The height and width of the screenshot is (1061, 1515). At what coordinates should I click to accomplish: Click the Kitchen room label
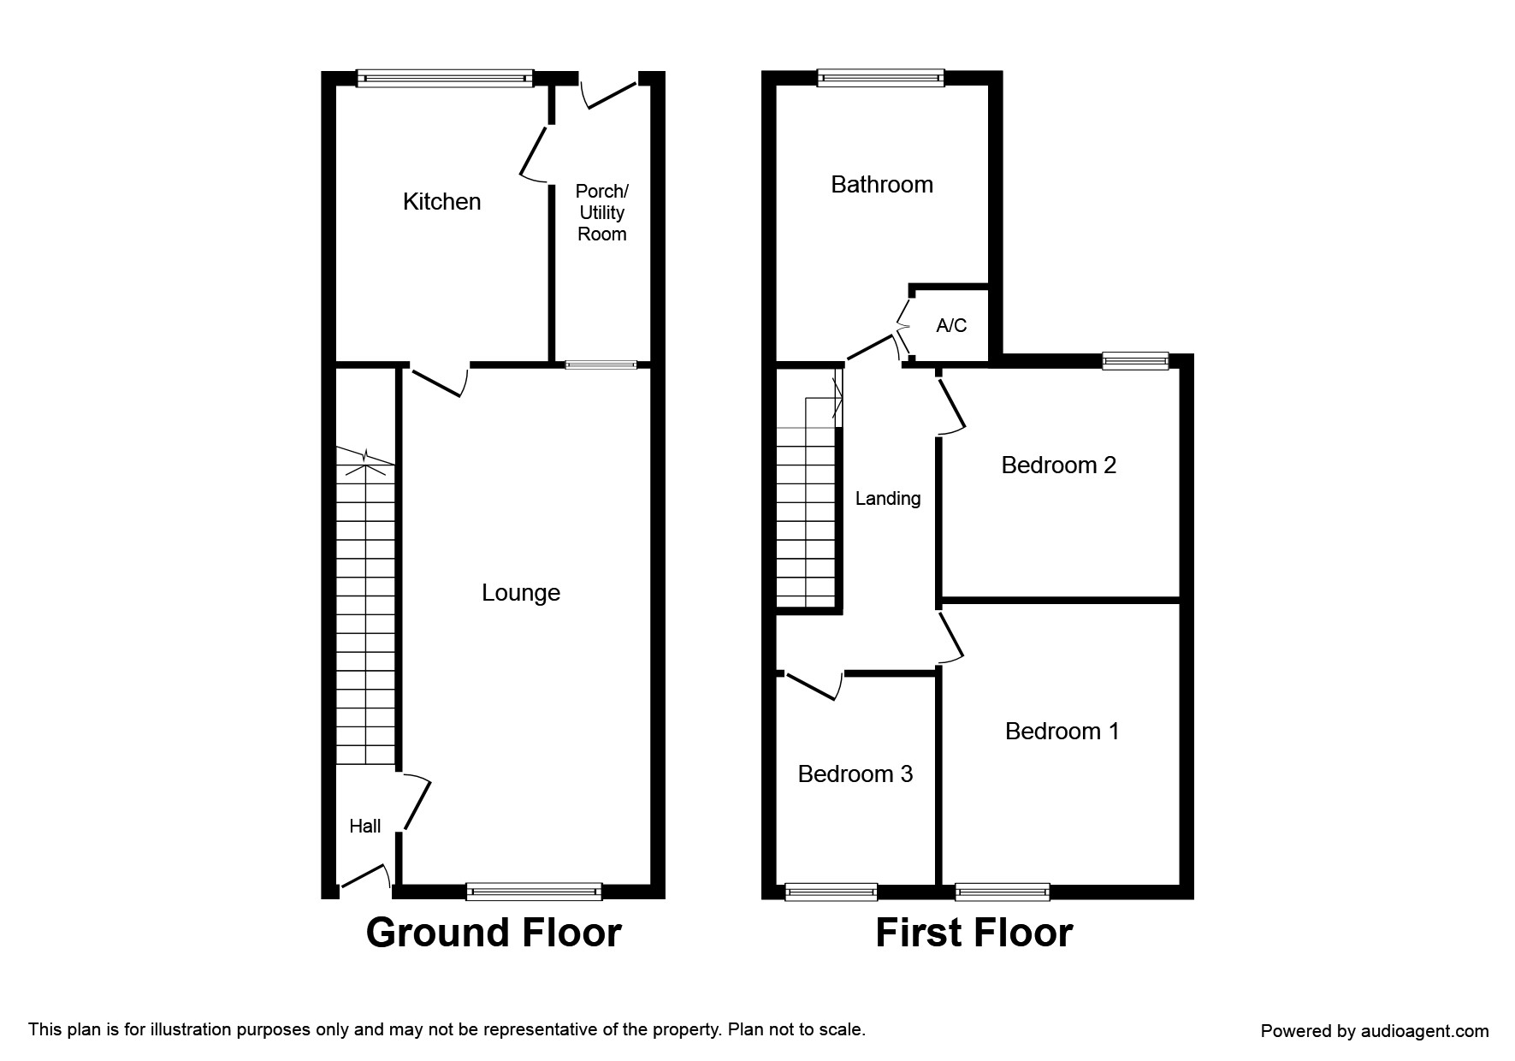(x=441, y=202)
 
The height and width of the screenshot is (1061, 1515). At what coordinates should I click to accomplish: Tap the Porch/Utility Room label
(x=601, y=212)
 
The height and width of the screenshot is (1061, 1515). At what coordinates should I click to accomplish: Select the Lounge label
(x=520, y=592)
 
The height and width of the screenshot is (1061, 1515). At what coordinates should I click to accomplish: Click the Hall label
(x=364, y=826)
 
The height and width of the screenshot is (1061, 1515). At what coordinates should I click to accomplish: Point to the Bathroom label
(x=881, y=185)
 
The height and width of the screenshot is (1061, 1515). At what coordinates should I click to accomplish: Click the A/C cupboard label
(x=951, y=325)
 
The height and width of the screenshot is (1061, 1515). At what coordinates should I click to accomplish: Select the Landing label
(x=888, y=498)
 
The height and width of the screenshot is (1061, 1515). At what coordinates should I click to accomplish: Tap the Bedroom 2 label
(x=1058, y=465)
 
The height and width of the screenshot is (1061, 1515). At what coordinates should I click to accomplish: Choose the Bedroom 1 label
(x=1062, y=731)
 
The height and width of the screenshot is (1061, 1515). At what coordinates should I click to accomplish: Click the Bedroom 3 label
(x=855, y=774)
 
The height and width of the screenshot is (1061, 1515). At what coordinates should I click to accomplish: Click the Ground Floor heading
(x=494, y=933)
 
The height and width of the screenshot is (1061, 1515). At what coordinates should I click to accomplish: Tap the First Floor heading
(x=974, y=933)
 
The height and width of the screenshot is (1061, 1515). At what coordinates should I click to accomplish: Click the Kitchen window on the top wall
(x=445, y=79)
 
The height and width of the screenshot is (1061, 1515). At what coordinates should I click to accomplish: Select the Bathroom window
(x=880, y=79)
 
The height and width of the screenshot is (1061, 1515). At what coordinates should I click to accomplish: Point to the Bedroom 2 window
(x=1134, y=361)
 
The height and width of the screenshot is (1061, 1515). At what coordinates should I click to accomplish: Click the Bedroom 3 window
(x=831, y=892)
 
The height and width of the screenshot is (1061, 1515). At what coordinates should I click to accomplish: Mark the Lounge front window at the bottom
(x=534, y=892)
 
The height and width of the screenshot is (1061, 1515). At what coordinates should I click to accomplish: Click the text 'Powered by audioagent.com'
(x=1374, y=1031)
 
